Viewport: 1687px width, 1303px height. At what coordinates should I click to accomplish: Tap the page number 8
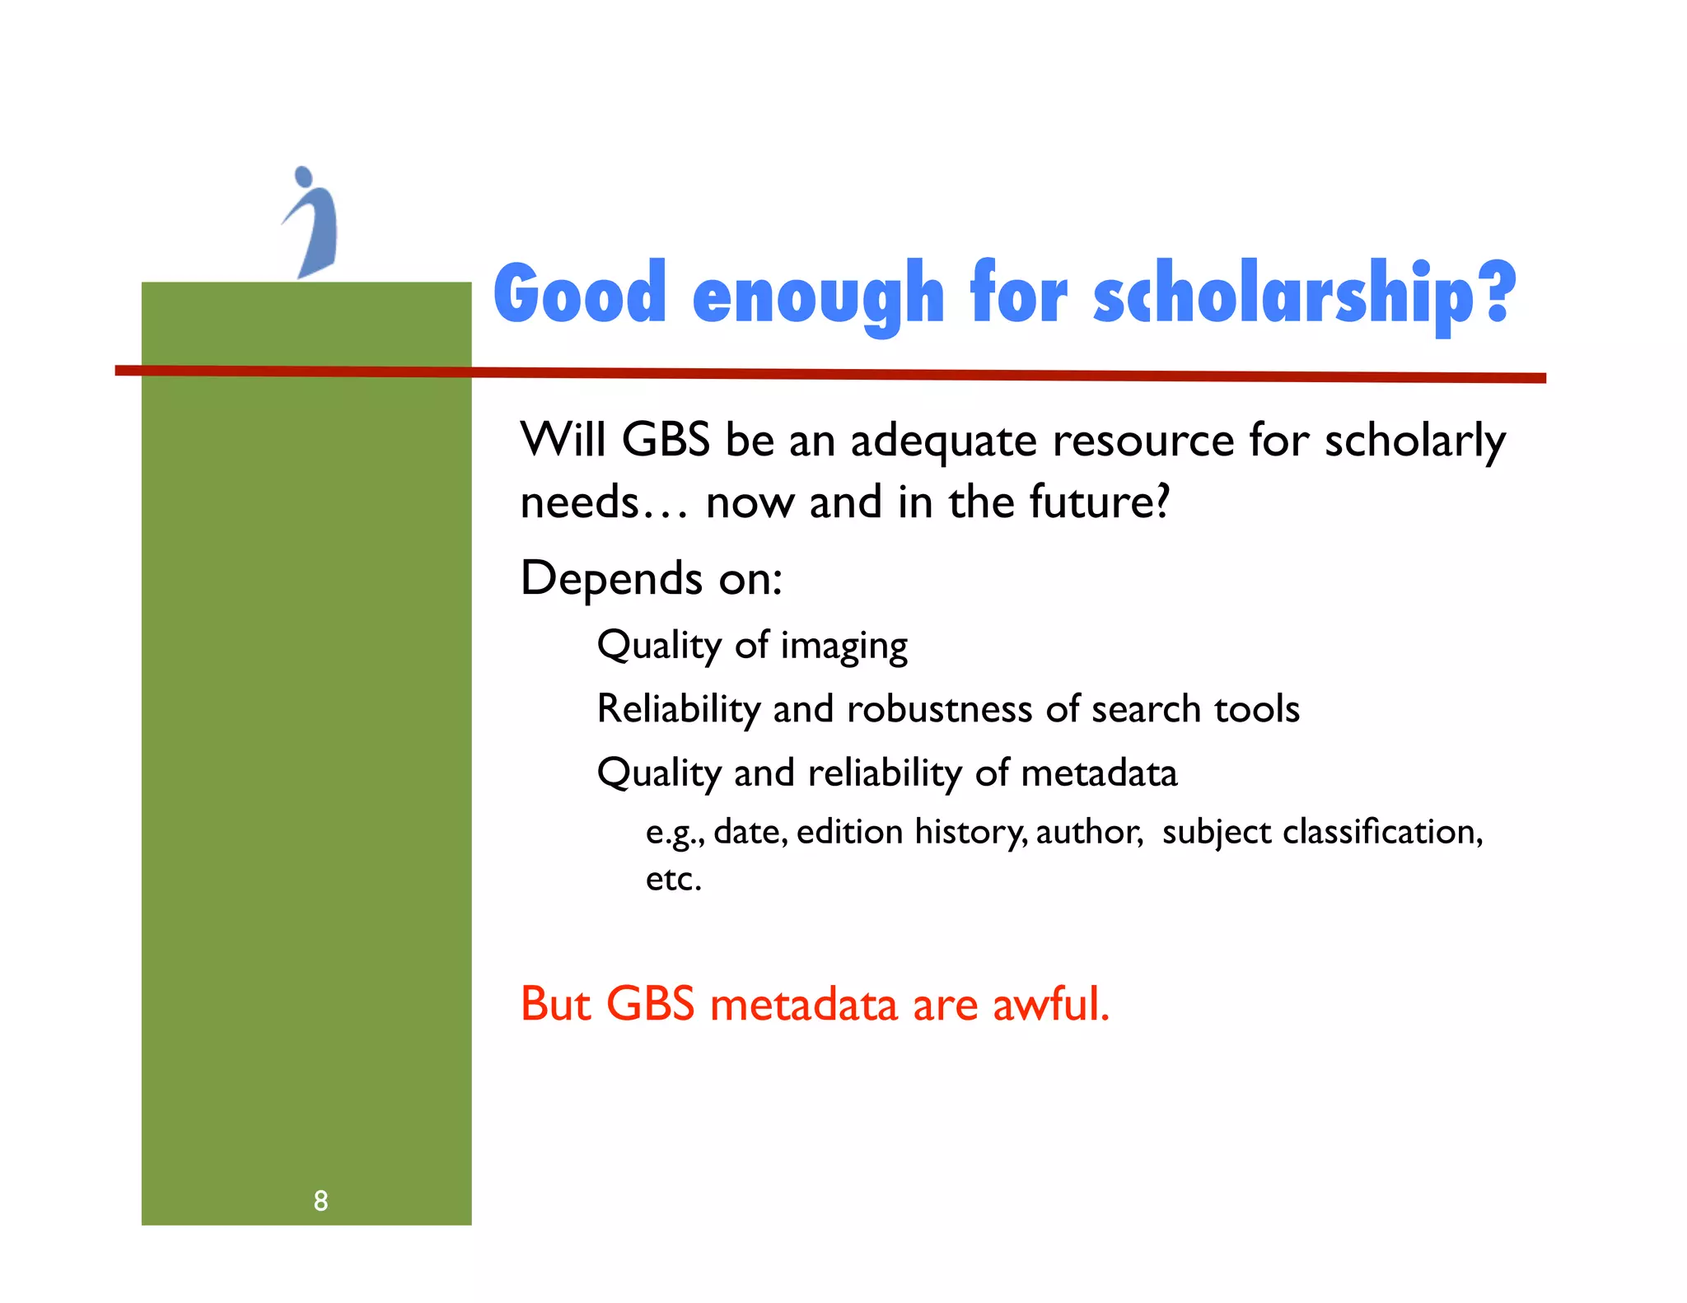[320, 1201]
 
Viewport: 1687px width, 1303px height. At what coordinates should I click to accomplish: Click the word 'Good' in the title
[580, 294]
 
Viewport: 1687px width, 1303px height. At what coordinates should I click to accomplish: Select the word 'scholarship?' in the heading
[1303, 294]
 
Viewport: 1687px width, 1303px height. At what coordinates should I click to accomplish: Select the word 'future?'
[1099, 502]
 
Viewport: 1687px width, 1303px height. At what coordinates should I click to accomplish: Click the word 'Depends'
[611, 579]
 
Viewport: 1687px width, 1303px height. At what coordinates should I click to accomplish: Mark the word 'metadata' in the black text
[1099, 773]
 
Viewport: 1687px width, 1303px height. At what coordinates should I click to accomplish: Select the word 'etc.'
[673, 879]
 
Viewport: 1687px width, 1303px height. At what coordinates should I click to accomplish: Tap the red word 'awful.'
[1050, 1004]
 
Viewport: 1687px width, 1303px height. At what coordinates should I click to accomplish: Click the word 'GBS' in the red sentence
[650, 1004]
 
